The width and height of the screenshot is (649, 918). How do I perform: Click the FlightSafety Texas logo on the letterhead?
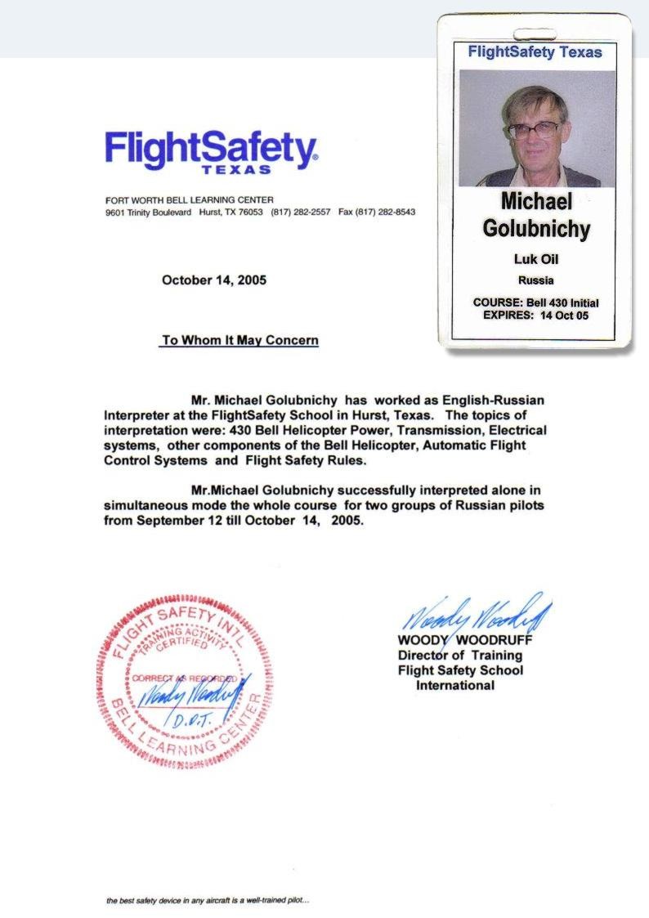click(x=211, y=153)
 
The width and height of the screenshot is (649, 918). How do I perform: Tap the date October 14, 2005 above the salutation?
click(x=214, y=280)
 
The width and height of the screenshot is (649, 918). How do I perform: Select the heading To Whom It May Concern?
click(x=239, y=340)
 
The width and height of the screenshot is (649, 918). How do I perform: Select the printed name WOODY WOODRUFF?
click(x=465, y=641)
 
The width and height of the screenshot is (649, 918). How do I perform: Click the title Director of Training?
click(x=459, y=656)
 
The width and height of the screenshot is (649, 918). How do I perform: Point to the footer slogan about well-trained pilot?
click(x=208, y=903)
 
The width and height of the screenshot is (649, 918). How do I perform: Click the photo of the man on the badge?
click(x=536, y=128)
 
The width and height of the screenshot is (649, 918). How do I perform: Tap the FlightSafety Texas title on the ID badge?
click(x=535, y=52)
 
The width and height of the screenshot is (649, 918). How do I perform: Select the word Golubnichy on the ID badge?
click(x=535, y=229)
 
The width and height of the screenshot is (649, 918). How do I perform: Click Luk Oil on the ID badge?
click(x=535, y=260)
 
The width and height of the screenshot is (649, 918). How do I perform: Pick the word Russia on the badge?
click(x=535, y=280)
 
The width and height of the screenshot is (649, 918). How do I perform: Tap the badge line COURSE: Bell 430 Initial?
click(x=535, y=302)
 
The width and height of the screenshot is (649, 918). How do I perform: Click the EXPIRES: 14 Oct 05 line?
click(x=535, y=315)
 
